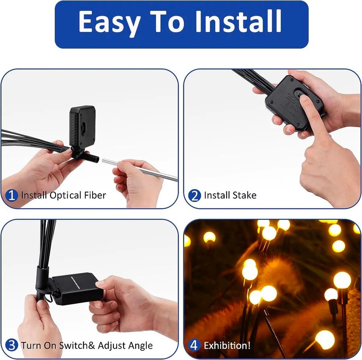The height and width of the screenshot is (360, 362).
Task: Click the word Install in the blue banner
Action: (238, 21)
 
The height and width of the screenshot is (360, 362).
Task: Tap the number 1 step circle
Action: (11, 195)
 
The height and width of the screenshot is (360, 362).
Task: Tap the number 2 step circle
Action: (194, 195)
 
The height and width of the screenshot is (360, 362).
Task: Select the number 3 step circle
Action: (11, 346)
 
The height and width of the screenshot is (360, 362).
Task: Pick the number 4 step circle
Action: (194, 346)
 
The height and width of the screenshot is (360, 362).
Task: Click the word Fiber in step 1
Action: (95, 195)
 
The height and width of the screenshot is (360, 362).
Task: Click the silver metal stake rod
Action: (140, 169)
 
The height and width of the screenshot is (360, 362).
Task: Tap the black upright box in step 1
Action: (82, 127)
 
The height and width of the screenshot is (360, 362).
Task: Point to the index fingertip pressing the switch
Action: (304, 99)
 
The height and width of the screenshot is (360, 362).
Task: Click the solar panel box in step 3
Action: (77, 289)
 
